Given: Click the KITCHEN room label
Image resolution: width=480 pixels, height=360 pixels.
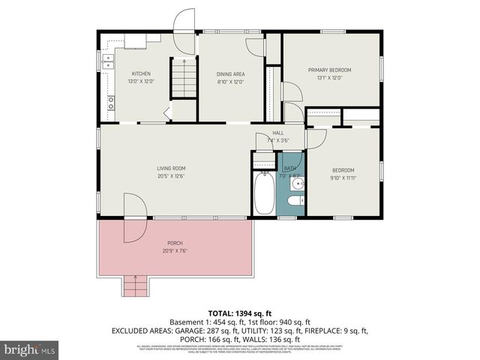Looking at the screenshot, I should (x=141, y=73).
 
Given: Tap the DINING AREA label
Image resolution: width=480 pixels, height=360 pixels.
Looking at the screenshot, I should (x=230, y=73).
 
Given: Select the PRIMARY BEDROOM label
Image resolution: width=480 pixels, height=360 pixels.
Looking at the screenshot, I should (x=330, y=70).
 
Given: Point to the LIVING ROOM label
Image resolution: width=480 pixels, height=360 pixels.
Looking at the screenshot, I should (x=171, y=169).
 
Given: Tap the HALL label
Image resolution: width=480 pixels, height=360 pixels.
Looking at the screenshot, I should (x=277, y=133).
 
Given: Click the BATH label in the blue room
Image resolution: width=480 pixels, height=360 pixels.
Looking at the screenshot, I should (x=289, y=169).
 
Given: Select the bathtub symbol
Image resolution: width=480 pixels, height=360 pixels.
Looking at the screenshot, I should (x=264, y=193).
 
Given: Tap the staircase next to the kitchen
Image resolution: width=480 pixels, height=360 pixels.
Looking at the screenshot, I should (x=184, y=78).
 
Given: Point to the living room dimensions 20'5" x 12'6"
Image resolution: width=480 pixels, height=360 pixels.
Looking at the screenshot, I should (x=171, y=177).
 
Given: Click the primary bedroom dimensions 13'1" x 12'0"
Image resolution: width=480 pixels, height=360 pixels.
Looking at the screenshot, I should (x=330, y=77).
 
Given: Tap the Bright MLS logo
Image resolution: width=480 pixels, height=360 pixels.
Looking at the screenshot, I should (x=30, y=349).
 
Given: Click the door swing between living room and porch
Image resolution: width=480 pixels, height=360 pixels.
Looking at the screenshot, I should (x=130, y=217).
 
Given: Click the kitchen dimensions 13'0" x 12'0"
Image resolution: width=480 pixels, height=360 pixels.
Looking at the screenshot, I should (x=141, y=81).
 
